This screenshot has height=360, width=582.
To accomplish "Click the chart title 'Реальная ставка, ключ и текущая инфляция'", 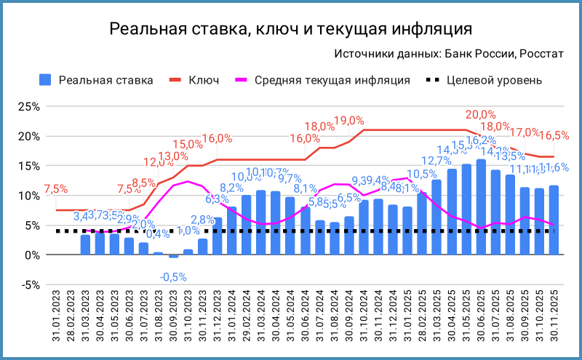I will coord(291,29).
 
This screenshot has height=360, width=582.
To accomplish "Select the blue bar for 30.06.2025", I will coord(481,207).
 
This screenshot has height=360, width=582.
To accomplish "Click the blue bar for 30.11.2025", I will coord(554,220).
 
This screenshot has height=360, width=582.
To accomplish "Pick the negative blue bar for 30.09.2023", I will coord(173,257).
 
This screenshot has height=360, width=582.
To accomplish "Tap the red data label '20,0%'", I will coord(480,115).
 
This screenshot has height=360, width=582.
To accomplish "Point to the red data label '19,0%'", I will coord(348,121).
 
